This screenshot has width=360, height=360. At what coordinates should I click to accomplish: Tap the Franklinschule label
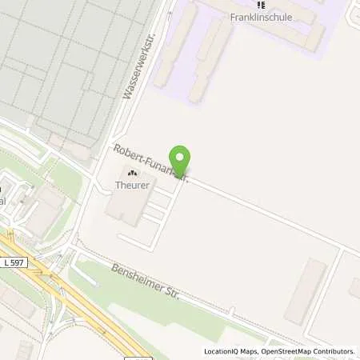tap(258, 16)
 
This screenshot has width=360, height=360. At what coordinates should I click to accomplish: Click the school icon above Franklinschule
tap(258, 5)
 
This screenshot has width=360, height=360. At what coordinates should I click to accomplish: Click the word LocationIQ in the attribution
tap(222, 351)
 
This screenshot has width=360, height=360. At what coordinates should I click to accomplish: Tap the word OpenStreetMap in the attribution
tap(286, 351)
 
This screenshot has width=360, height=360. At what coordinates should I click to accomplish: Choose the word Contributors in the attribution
tap(334, 351)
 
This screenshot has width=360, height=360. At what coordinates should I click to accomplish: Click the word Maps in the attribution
tap(250, 351)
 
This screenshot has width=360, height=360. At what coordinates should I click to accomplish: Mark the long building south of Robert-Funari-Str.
tap(305, 290)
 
